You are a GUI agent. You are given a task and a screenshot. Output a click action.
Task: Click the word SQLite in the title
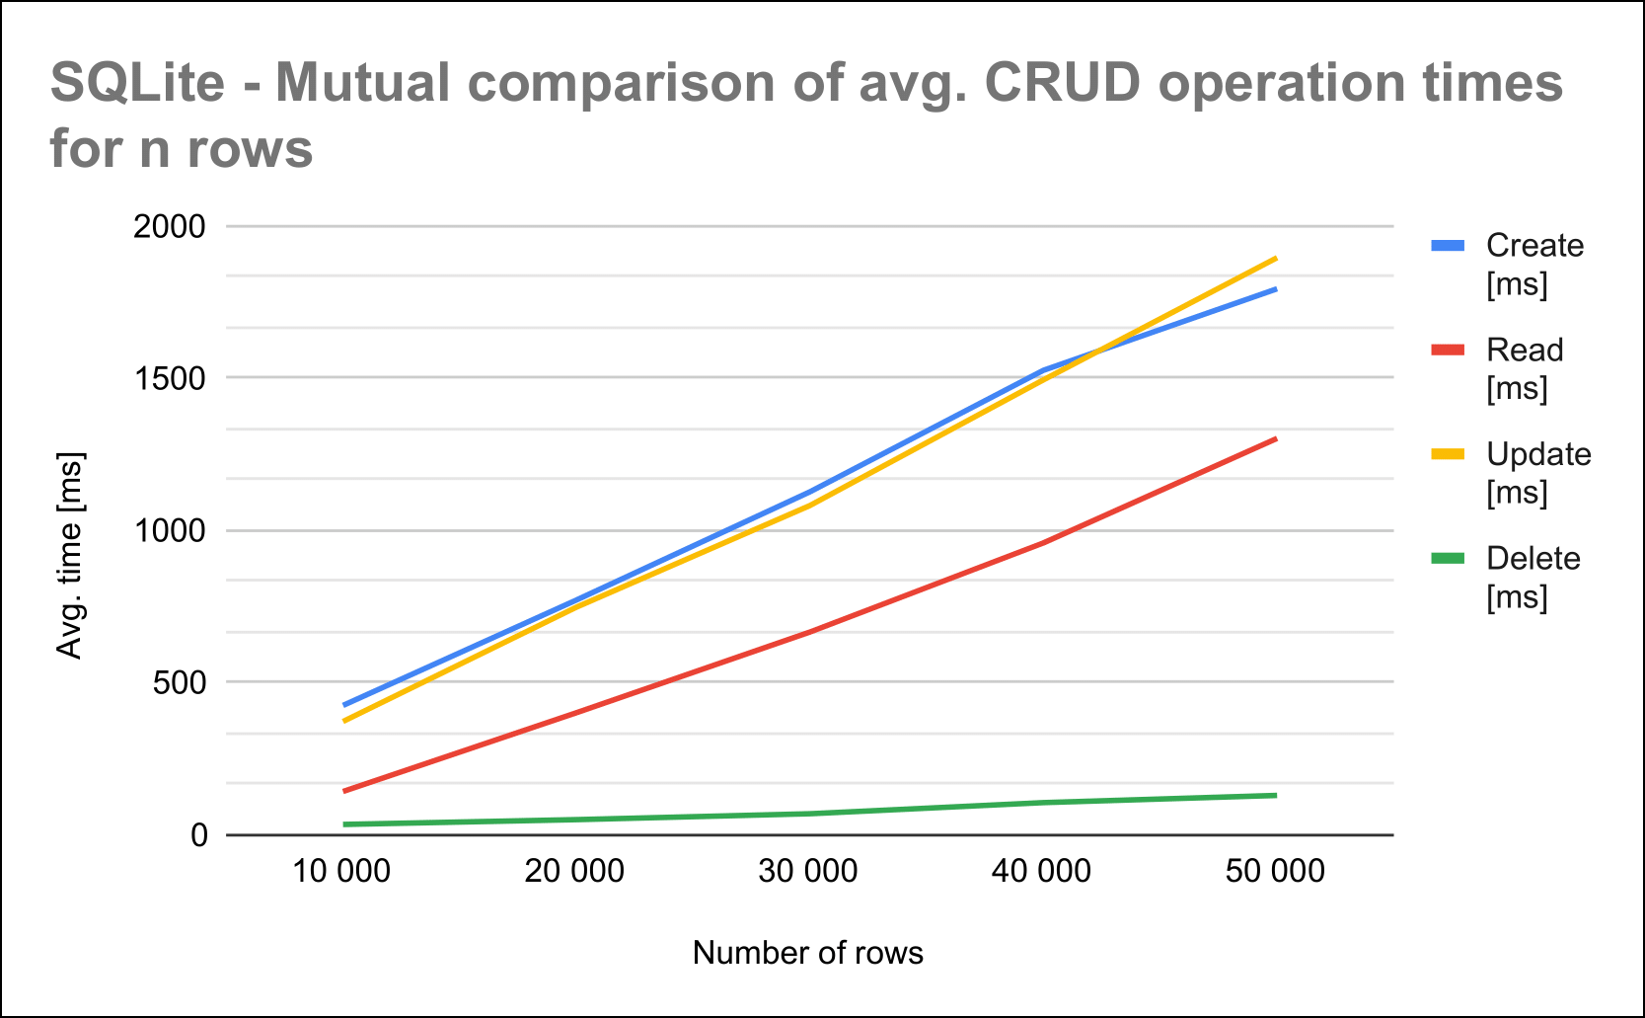pyautogui.click(x=137, y=83)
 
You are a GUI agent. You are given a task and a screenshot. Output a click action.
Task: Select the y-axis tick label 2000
pyautogui.click(x=170, y=226)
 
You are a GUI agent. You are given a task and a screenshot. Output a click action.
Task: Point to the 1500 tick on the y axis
pyautogui.click(x=170, y=378)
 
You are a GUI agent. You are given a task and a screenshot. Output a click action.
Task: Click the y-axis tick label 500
pyautogui.click(x=179, y=682)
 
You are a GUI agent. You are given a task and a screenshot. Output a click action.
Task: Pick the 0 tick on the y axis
pyautogui.click(x=199, y=835)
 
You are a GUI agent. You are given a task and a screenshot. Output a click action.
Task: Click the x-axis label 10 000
pyautogui.click(x=342, y=871)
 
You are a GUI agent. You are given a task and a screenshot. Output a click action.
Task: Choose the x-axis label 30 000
pyautogui.click(x=808, y=871)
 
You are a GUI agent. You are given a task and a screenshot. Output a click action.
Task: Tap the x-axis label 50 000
pyautogui.click(x=1275, y=871)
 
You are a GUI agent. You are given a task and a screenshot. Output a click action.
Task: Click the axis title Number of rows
pyautogui.click(x=808, y=953)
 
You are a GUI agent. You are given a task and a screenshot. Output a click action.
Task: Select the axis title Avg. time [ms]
pyautogui.click(x=69, y=555)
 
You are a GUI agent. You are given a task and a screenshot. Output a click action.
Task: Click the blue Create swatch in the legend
pyautogui.click(x=1448, y=246)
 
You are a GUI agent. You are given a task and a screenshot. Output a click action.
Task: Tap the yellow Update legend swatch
pyautogui.click(x=1448, y=454)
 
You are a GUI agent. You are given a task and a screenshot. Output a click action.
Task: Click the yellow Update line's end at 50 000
pyautogui.click(x=1275, y=259)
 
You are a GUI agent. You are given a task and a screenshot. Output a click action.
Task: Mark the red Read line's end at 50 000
pyautogui.click(x=1275, y=439)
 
